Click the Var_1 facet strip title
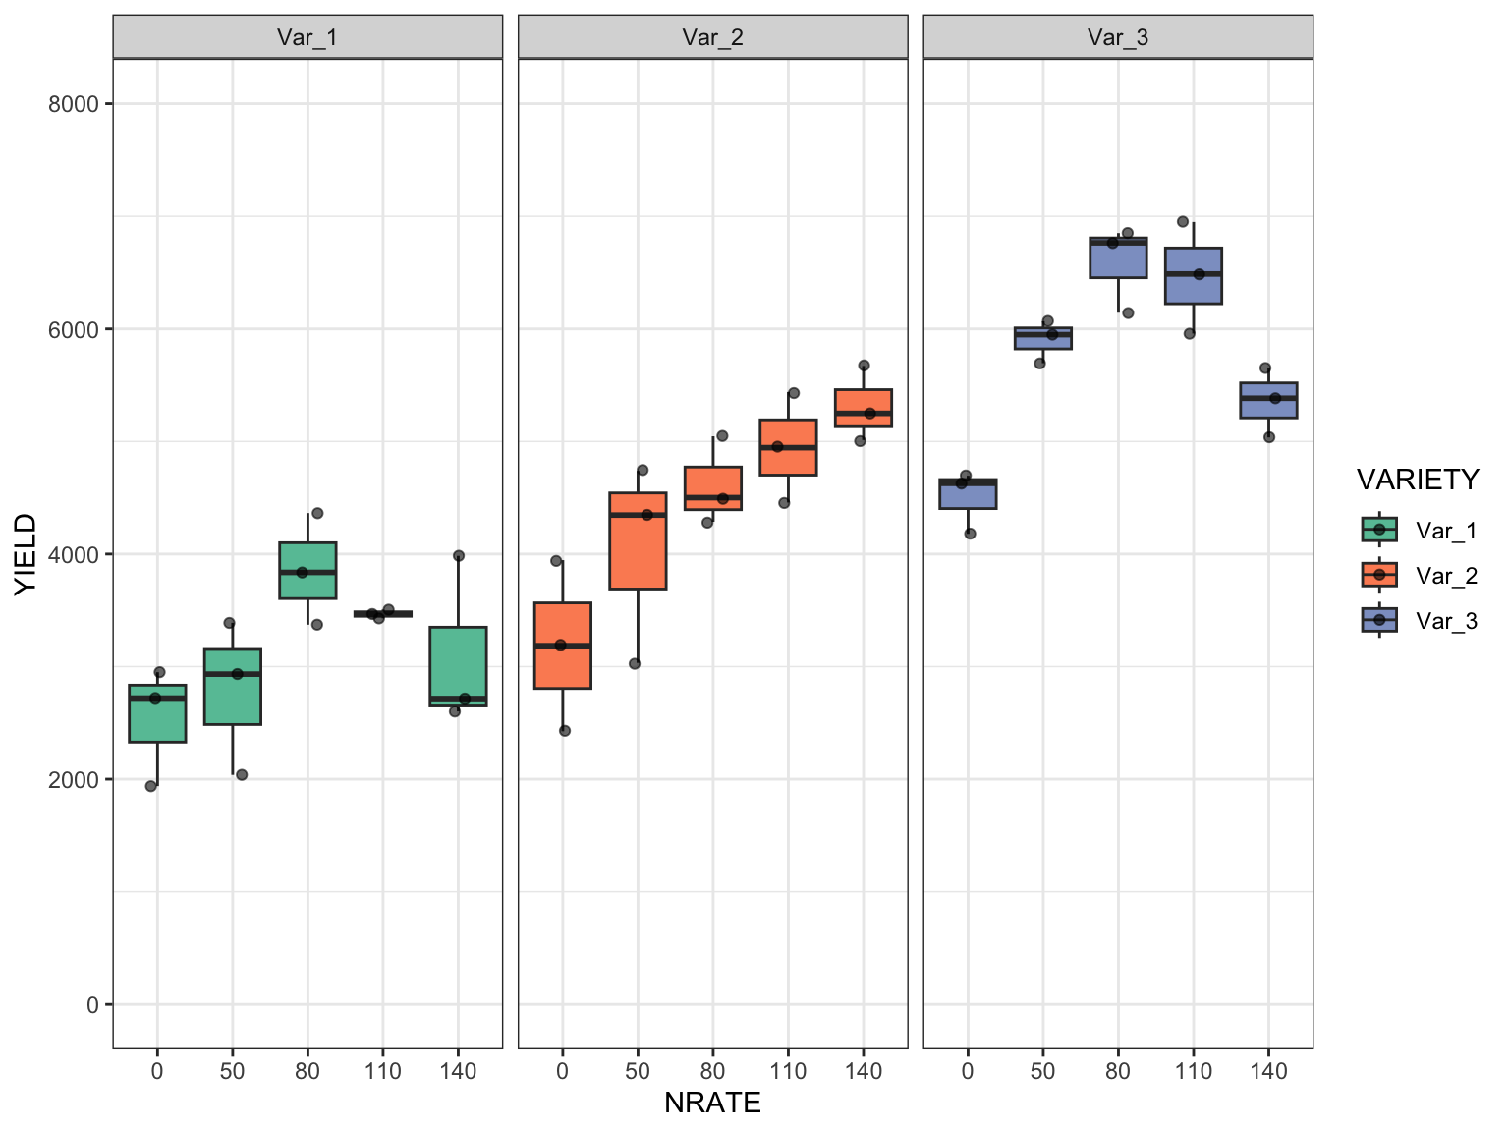click(x=307, y=37)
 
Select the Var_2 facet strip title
click(x=712, y=37)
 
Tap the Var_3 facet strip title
click(x=1118, y=37)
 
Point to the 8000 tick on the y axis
click(x=74, y=104)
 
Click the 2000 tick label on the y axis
click(x=74, y=779)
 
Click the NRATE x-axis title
click(x=712, y=1103)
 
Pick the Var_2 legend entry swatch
click(x=1379, y=575)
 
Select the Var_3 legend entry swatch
click(x=1379, y=620)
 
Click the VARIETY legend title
click(x=1417, y=480)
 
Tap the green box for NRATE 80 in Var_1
click(x=307, y=570)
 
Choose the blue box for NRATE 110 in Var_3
click(x=1193, y=276)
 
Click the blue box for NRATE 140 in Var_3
click(x=1268, y=400)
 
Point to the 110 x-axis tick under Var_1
click(x=382, y=1071)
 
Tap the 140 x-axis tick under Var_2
click(x=864, y=1071)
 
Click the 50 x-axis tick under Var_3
click(x=1042, y=1071)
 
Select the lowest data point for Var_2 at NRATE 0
click(x=565, y=731)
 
